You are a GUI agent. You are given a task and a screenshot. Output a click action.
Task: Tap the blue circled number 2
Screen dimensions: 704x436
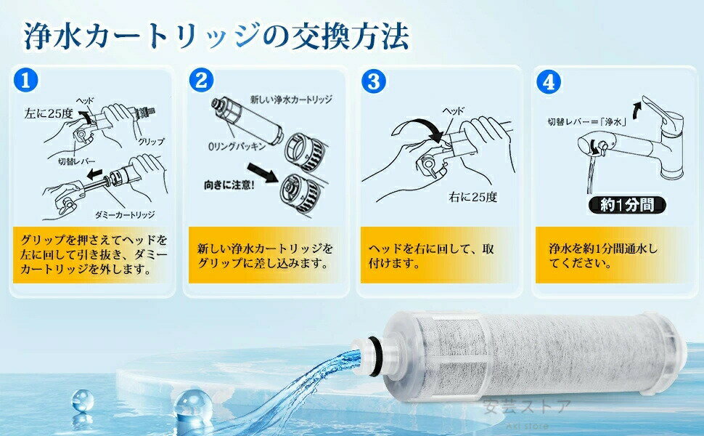coord(201,80)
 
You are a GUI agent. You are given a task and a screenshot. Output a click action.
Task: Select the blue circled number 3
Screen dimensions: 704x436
coord(374,81)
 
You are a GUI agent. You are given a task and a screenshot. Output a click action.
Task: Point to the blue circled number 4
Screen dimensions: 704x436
coord(549,81)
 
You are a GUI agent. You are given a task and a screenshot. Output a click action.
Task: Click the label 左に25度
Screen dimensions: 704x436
coord(49,113)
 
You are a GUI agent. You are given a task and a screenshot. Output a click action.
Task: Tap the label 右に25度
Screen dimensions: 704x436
coord(473,197)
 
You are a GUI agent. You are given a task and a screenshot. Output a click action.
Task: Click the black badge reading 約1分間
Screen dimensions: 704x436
coord(627,205)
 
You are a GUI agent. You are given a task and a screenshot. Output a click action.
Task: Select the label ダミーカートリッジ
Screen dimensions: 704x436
coord(125,215)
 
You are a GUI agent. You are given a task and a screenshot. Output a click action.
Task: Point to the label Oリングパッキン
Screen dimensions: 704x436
coord(237,146)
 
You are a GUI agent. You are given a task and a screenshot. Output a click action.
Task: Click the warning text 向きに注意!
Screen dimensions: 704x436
coord(229,185)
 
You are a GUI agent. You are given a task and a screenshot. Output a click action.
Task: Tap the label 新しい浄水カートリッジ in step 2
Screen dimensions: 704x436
coord(291,100)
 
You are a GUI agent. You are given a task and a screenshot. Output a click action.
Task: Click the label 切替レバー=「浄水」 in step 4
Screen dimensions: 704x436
coord(587,121)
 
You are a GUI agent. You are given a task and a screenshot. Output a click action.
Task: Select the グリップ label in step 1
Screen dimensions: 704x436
coord(151,142)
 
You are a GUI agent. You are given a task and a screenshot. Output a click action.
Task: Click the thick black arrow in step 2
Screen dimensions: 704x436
coord(263,173)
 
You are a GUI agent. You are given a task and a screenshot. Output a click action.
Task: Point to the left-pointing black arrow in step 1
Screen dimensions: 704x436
coord(95,174)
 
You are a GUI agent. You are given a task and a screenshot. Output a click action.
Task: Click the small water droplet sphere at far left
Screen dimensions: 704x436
coord(83,400)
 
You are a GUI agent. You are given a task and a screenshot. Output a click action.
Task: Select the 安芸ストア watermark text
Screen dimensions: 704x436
coord(527,407)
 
